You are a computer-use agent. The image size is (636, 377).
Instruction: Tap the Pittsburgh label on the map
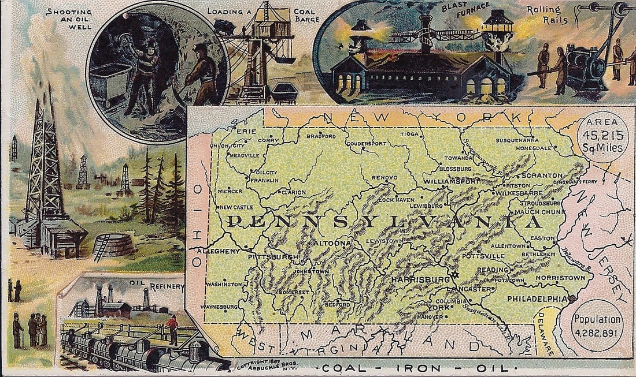click(272, 256)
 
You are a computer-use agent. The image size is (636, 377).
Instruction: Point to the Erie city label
click(246, 132)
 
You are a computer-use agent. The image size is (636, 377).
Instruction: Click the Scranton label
click(541, 175)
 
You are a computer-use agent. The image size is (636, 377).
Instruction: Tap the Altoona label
click(331, 244)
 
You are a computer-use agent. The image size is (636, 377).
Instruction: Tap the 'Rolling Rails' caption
click(547, 15)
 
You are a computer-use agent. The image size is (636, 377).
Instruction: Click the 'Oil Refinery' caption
click(153, 285)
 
